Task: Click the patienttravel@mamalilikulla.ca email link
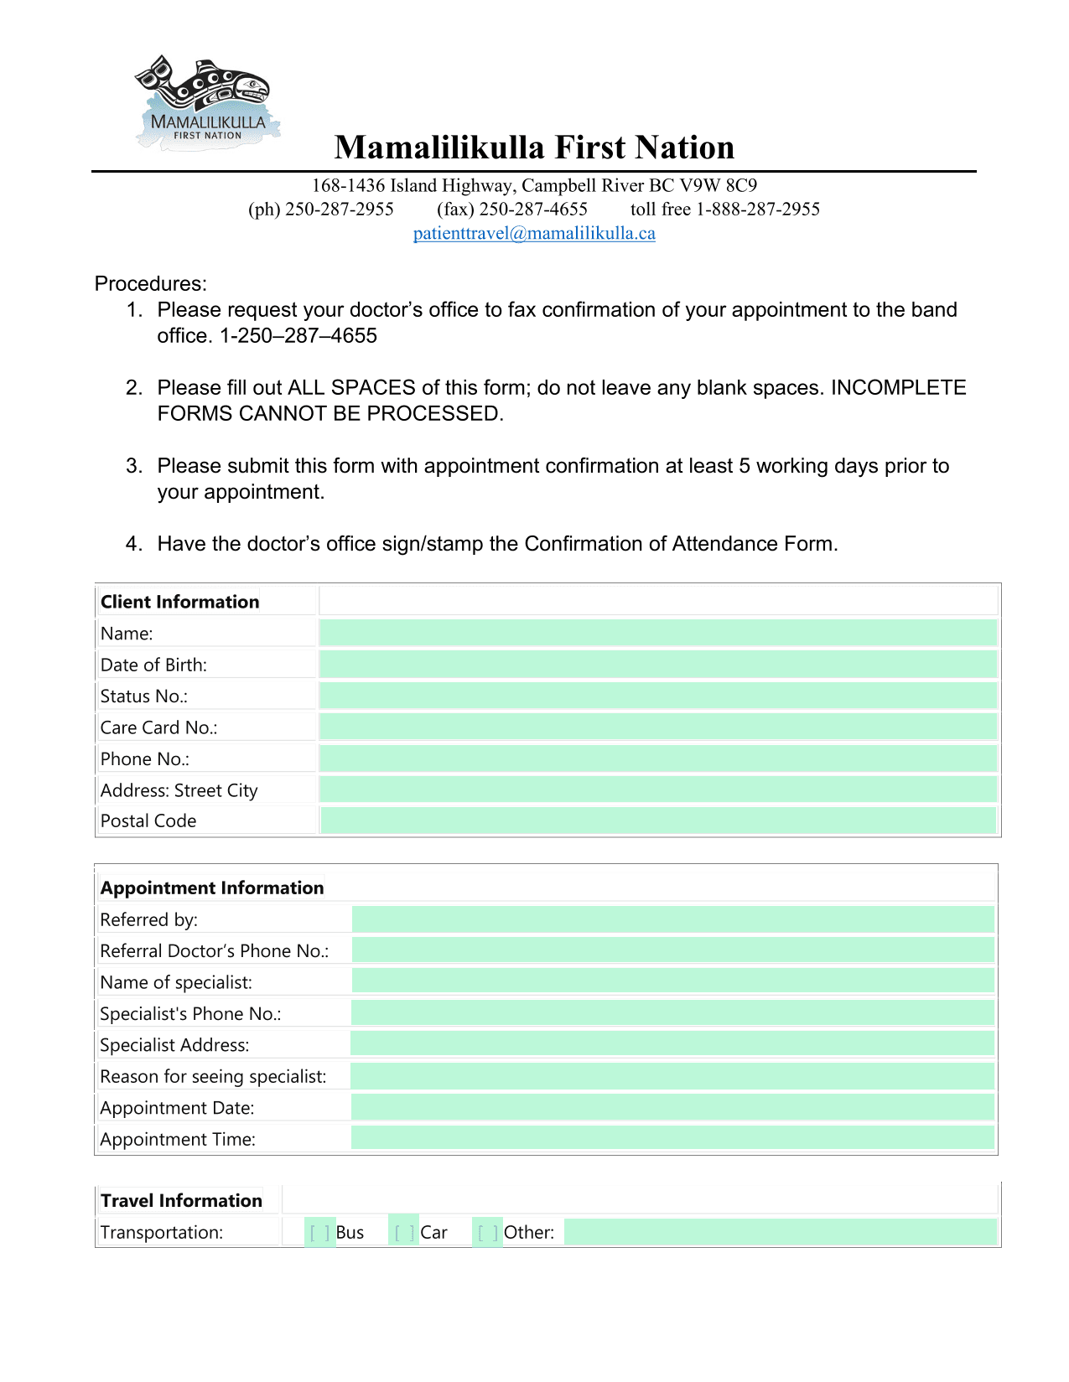(x=534, y=234)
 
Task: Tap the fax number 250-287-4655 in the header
(x=532, y=210)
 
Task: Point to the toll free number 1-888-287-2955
(x=757, y=210)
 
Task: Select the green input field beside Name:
(x=658, y=633)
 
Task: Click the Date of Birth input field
(x=658, y=665)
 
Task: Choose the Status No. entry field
(x=658, y=696)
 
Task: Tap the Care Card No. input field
(x=658, y=727)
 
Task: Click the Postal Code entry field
(x=658, y=820)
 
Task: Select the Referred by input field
(x=672, y=919)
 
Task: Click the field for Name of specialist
(x=672, y=981)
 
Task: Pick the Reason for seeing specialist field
(x=672, y=1076)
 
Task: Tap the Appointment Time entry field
(x=672, y=1138)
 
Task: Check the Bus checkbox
(x=319, y=1233)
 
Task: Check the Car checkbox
(x=404, y=1233)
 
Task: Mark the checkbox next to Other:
(x=487, y=1233)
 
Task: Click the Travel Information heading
(x=181, y=1201)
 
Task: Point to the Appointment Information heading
(x=212, y=888)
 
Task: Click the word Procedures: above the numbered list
(x=151, y=284)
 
